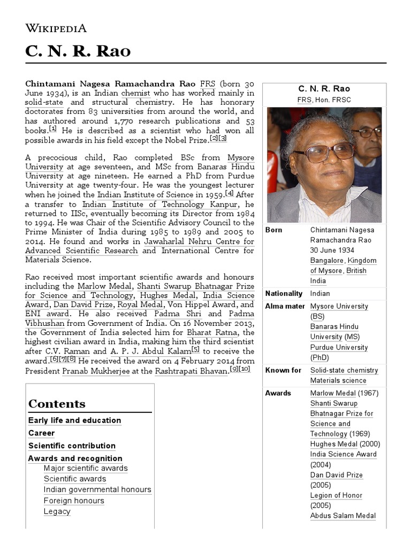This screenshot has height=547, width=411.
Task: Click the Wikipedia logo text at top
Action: point(56,28)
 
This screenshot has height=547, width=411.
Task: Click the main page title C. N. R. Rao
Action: point(78,51)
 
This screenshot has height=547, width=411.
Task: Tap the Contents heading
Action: point(57,404)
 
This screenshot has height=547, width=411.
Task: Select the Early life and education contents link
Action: point(74,420)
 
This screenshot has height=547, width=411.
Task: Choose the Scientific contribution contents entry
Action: point(72,446)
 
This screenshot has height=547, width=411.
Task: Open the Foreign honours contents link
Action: point(74,501)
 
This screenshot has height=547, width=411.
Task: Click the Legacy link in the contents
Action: point(57,511)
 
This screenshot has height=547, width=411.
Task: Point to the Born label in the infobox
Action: point(274,230)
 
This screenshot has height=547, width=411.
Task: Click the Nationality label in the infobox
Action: point(284,293)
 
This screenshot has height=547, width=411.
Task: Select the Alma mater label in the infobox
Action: point(285,306)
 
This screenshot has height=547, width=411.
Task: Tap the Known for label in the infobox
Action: point(284,370)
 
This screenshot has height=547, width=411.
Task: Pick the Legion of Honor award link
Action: point(336,495)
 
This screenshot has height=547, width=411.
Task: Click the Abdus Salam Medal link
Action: point(342,515)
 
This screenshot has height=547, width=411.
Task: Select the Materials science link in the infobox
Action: point(338,380)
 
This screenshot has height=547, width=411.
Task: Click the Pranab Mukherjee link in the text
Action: point(96,371)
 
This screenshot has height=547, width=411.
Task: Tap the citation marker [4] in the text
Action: point(229,193)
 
